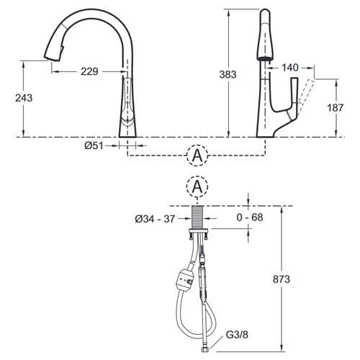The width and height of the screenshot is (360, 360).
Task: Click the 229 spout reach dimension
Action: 89,71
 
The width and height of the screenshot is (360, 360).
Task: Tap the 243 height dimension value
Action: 24,98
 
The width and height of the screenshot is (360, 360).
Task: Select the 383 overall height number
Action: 228,74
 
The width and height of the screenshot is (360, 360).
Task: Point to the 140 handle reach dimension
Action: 290,68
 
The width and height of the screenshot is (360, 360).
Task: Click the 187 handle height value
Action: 336,107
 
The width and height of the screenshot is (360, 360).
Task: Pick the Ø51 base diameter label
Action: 94,145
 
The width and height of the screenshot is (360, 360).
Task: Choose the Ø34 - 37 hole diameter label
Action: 155,219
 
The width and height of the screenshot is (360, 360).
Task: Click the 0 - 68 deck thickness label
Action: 250,217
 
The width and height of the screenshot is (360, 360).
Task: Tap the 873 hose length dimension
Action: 282,279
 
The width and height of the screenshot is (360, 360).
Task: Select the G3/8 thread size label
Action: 237,335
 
